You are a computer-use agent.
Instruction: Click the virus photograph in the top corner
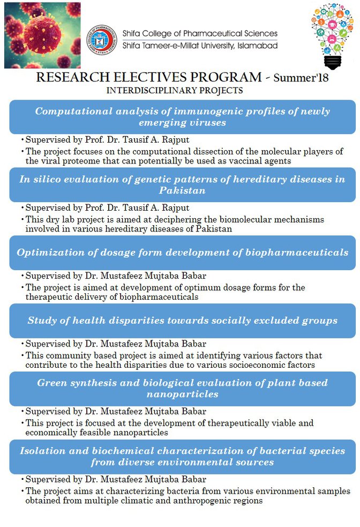coord(42,35)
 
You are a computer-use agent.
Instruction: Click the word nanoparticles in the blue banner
coord(182,394)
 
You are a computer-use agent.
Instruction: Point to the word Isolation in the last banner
coord(42,451)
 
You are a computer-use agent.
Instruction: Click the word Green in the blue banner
coord(51,383)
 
